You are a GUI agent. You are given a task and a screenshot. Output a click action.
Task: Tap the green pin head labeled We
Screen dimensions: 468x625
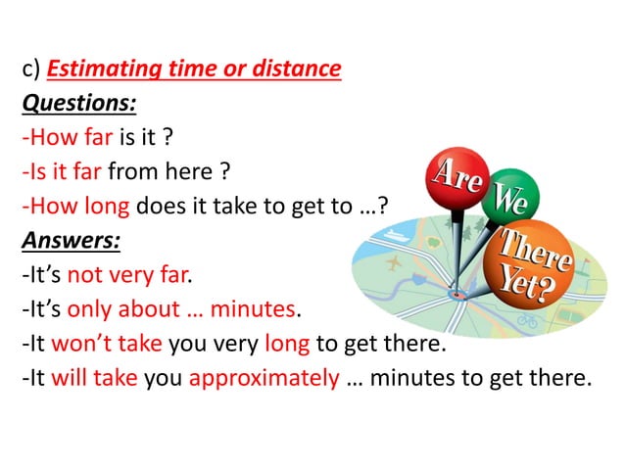507,200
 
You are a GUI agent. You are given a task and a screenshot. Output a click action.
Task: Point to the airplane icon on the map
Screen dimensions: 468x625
396,264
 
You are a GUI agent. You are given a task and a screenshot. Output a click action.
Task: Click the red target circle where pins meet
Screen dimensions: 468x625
456,292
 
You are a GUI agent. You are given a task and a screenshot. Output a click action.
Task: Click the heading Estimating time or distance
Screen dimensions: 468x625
194,70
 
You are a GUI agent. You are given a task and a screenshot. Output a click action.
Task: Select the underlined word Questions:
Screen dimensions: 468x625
79,103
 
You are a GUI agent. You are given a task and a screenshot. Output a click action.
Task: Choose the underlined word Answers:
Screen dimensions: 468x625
72,240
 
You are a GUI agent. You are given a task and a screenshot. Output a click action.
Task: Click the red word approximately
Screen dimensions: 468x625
263,378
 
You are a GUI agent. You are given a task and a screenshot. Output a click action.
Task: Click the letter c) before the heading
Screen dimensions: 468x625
30,70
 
